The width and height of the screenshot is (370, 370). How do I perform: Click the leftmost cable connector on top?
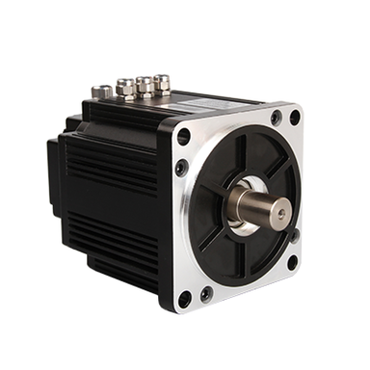(x=101, y=92)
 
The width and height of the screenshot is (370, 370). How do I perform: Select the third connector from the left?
(x=145, y=85)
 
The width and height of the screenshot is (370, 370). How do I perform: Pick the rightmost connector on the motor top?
(x=161, y=83)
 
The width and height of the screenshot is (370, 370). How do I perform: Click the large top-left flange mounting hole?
(x=184, y=137)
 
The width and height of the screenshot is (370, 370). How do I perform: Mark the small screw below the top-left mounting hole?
(x=181, y=168)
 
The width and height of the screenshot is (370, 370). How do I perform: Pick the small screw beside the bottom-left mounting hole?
(x=205, y=293)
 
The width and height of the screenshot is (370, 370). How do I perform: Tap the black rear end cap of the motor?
(x=55, y=173)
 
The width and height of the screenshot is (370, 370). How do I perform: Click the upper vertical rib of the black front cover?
(x=238, y=154)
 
